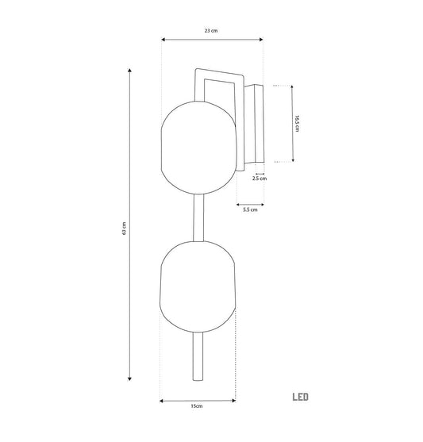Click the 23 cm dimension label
point(211,31)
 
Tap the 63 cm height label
point(124,229)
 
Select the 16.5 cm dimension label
point(297,123)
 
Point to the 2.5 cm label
point(260,179)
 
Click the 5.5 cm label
point(250,209)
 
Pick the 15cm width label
point(197,406)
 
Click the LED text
point(300,398)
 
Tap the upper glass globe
point(198,148)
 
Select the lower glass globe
point(198,287)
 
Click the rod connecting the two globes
point(198,218)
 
